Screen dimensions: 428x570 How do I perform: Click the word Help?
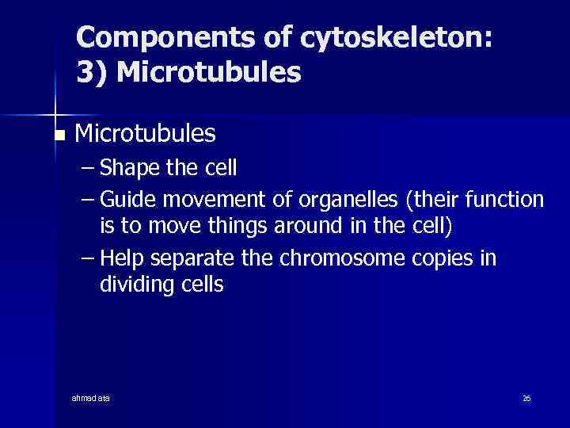pos(122,257)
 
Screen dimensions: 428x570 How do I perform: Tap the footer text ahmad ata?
pos(91,397)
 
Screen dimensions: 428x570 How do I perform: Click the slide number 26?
pos(526,397)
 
